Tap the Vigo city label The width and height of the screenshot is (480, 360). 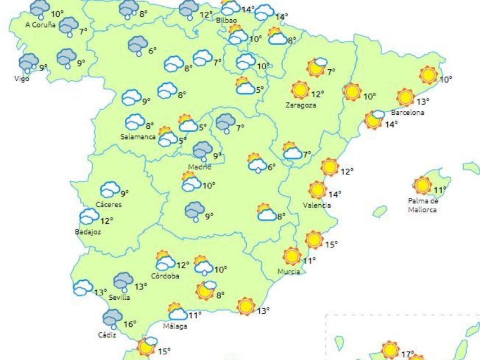[x=21, y=78]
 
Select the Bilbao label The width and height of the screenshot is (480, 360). [x=227, y=20]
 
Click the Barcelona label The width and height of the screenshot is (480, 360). [x=411, y=112]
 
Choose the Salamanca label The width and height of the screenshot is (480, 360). [x=138, y=137]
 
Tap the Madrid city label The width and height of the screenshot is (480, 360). [x=200, y=166]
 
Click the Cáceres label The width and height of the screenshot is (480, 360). [x=108, y=204]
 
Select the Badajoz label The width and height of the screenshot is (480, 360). [x=88, y=231]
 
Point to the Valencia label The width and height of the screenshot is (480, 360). [x=316, y=205]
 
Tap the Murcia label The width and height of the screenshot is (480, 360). [x=288, y=272]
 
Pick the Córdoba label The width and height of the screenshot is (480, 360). [x=165, y=276]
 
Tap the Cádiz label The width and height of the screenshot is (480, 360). [x=107, y=334]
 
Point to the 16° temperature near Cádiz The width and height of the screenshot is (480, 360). [x=130, y=323]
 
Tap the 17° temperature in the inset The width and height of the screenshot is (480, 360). [x=407, y=354]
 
